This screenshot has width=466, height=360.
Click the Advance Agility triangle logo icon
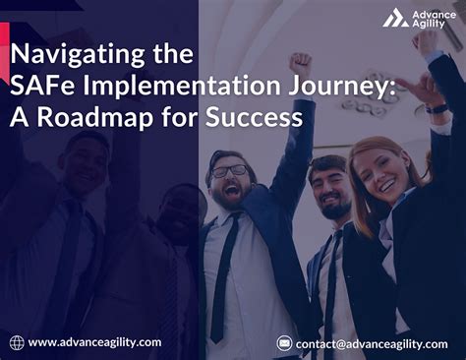pyautogui.click(x=395, y=18)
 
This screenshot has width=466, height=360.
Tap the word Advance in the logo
pyautogui.click(x=433, y=12)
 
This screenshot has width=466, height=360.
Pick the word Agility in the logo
pyautogui.click(x=430, y=26)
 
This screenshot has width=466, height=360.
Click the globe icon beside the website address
pyautogui.click(x=16, y=342)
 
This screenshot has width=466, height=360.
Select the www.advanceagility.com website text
pyautogui.click(x=94, y=342)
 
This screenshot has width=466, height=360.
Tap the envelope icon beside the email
pyautogui.click(x=285, y=343)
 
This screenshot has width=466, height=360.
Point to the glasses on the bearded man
pyautogui.click(x=228, y=171)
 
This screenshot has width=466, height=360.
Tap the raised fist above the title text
pyautogui.click(x=300, y=63)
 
